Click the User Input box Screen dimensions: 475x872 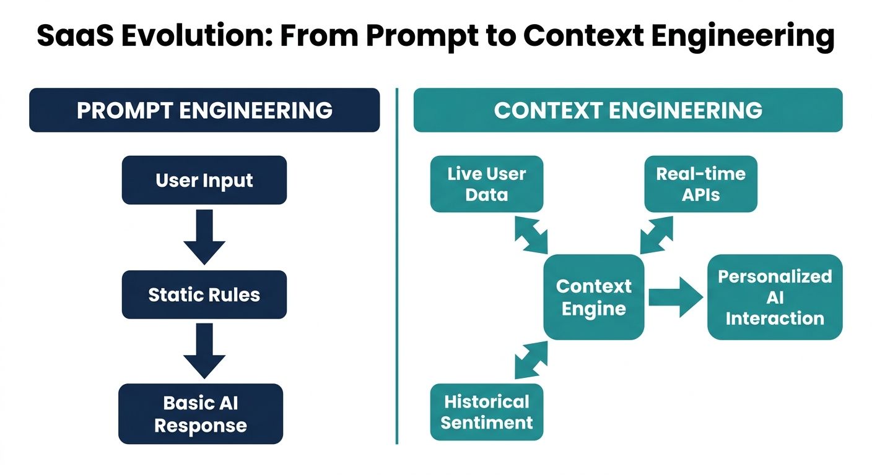tap(204, 180)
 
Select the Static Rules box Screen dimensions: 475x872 tap(204, 294)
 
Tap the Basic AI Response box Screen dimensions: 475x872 tap(200, 414)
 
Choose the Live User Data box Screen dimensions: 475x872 tap(486, 184)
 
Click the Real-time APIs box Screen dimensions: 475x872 tap(700, 184)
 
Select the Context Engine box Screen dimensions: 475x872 tap(593, 297)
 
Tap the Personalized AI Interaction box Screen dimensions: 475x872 tap(775, 297)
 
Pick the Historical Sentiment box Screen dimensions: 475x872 tap(486, 412)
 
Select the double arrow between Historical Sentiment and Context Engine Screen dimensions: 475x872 tap(531, 361)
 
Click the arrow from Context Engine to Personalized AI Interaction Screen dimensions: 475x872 tap(676, 297)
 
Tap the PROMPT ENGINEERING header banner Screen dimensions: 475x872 tap(204, 110)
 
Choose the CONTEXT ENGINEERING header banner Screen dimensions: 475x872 tap(628, 110)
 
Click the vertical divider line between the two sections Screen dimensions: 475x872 tap(396, 266)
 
